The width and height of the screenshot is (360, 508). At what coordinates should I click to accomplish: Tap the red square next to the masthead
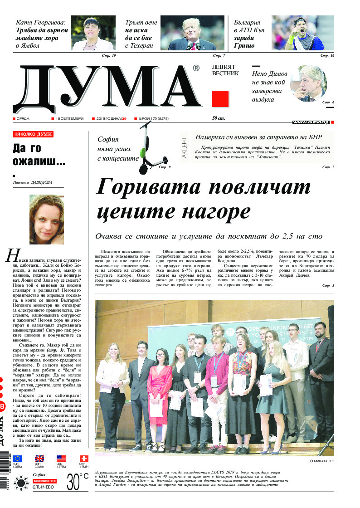220,98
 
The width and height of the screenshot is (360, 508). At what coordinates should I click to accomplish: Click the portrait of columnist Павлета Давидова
47,219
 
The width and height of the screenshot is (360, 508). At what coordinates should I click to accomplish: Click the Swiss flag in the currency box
83,459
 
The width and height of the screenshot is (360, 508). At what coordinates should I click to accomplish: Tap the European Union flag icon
17,459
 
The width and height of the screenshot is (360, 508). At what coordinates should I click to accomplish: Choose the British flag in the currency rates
39,459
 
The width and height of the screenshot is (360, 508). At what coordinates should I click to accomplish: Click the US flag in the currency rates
61,459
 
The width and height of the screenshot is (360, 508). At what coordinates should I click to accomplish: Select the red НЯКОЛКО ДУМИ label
33,134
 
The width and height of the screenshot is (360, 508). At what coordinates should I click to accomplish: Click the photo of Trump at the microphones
192,33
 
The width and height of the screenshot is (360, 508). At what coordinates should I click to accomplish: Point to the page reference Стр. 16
327,55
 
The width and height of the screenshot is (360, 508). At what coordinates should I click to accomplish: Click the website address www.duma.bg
311,122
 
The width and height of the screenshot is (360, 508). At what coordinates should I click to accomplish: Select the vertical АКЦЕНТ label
184,147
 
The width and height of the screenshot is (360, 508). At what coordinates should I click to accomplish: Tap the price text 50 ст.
219,118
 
